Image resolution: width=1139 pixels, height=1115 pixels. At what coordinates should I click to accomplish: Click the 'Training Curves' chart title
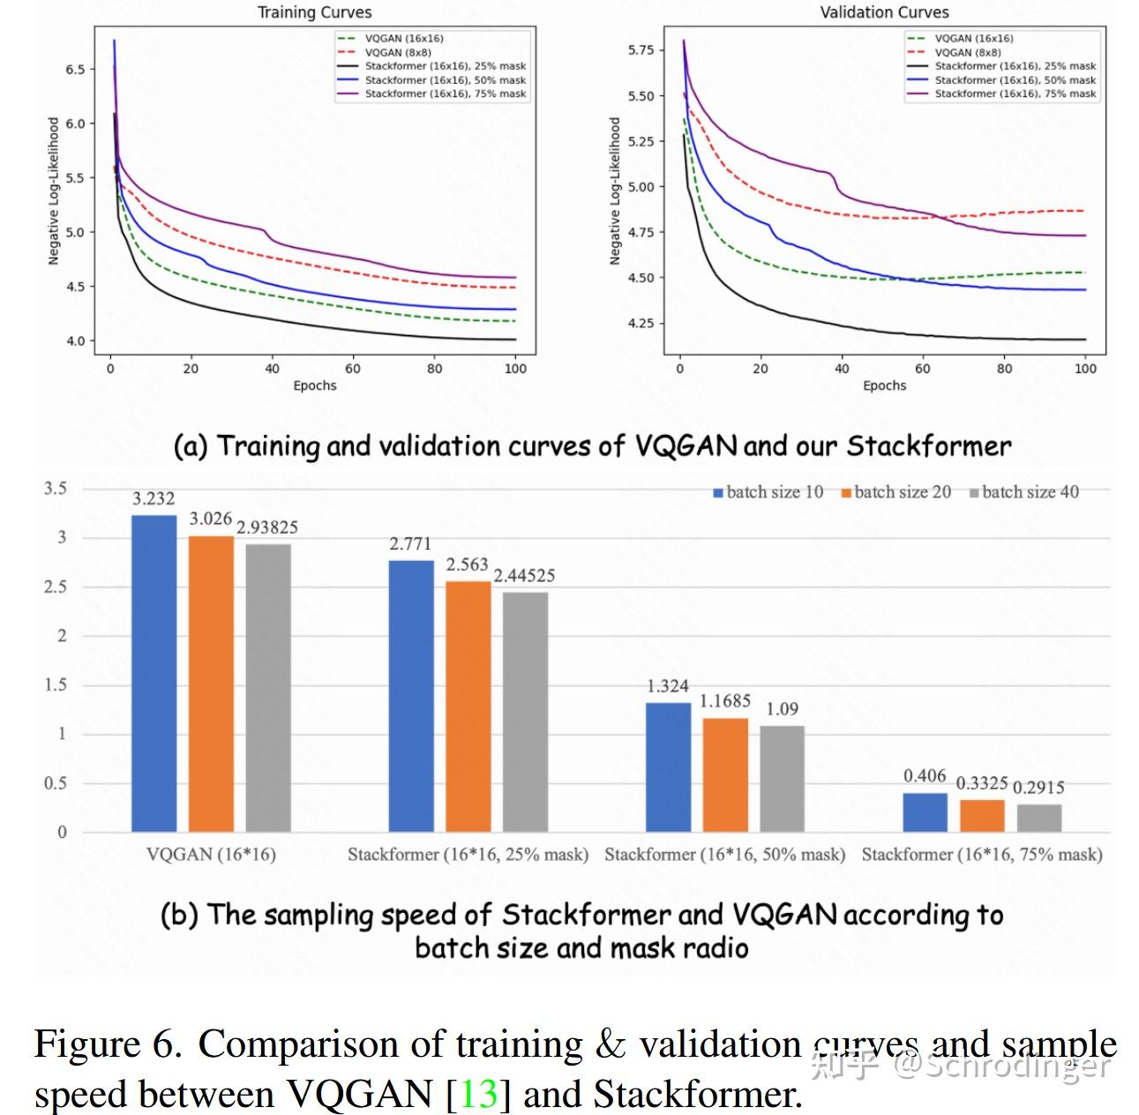[314, 12]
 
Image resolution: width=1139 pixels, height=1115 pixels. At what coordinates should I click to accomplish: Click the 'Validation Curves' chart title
[884, 12]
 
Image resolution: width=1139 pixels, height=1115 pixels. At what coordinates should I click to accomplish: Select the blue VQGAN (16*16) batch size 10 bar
[154, 673]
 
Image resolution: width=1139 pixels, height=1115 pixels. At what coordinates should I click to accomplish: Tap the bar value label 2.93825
[267, 528]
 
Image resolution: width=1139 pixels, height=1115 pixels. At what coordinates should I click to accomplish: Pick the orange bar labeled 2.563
[468, 706]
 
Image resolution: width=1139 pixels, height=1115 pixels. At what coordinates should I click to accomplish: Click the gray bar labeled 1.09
[782, 778]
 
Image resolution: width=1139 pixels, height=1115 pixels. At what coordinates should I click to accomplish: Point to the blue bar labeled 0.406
[925, 812]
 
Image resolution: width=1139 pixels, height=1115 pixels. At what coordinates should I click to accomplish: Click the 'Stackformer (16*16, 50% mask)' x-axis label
[724, 854]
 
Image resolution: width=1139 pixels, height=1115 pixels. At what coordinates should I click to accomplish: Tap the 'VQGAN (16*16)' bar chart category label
[211, 854]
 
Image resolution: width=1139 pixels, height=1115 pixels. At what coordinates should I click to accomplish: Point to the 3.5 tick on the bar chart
[56, 489]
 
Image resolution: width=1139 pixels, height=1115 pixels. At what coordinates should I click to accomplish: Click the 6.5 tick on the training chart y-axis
[75, 69]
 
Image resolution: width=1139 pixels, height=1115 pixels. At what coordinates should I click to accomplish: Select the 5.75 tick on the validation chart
[641, 50]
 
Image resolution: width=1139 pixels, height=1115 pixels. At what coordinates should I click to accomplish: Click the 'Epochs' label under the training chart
[315, 385]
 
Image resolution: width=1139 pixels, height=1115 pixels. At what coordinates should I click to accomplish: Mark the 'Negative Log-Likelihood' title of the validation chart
[615, 191]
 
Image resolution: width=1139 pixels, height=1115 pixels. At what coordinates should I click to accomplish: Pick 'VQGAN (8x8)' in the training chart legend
[398, 53]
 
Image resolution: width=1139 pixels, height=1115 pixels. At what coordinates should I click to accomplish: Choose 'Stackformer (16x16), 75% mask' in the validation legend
[1015, 94]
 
